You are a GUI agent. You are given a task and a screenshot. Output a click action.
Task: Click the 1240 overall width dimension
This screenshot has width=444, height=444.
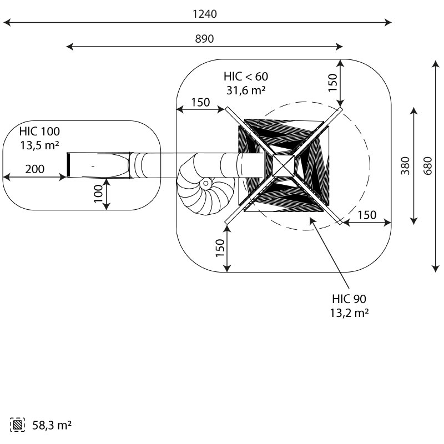point(204,14)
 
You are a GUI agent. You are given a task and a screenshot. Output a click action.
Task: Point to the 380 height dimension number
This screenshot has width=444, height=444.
point(405,165)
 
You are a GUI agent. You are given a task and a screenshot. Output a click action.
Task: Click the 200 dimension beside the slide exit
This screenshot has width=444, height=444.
point(34,169)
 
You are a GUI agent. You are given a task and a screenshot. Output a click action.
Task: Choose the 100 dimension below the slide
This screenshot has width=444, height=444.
point(98,194)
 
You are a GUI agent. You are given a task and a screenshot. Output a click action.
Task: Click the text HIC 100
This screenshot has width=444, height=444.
point(39,132)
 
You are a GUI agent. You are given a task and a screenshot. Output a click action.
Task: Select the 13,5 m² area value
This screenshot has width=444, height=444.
point(39,145)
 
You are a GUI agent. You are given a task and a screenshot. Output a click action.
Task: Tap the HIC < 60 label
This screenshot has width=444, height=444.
point(245,76)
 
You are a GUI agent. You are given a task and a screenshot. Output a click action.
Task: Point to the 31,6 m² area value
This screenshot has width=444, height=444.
point(245,89)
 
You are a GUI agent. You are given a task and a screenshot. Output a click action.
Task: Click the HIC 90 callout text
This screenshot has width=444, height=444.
point(350,299)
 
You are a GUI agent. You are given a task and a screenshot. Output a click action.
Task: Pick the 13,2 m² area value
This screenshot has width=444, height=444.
point(350,312)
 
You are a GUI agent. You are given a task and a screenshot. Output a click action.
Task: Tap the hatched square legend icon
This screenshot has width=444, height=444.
point(18,426)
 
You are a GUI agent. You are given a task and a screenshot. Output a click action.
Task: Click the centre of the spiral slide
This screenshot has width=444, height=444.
point(206,183)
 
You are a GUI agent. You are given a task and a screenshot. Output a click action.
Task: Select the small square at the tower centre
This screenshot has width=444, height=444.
point(284,165)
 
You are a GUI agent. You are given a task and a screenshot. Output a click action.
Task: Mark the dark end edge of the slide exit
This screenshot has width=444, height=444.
point(69,165)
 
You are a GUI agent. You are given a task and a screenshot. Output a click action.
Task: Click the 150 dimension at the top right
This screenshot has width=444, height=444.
point(332,82)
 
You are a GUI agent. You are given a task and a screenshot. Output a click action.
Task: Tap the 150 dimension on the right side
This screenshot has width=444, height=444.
point(366,215)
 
